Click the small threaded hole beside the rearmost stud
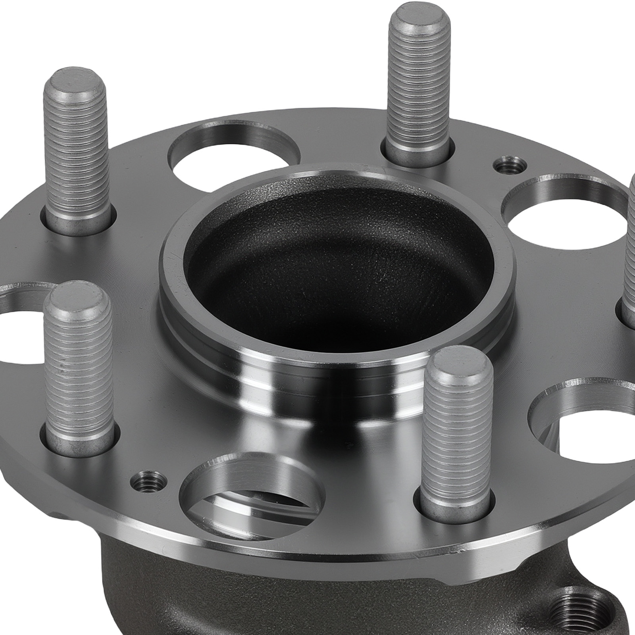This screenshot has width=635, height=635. pyautogui.click(x=510, y=164)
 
